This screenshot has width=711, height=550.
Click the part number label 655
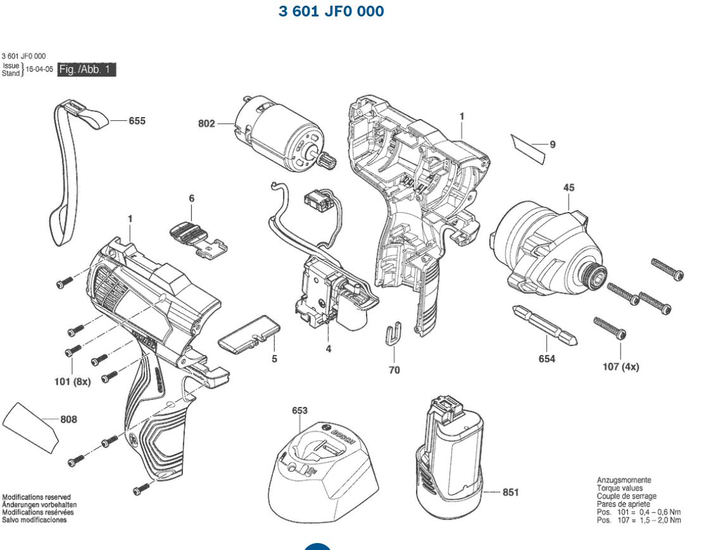coord(137,120)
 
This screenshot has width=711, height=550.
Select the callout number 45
coord(569,187)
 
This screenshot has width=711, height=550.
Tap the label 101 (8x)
coord(72,382)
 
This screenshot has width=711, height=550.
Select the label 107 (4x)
coord(620,367)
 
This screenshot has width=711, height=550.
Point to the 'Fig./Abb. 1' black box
coord(87,70)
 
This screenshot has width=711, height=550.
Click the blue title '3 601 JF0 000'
coord(331,11)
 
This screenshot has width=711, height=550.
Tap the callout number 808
coord(68,419)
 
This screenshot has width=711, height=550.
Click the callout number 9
coord(553,145)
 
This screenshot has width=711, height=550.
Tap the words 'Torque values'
coord(619,488)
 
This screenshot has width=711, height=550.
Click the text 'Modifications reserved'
coord(36,497)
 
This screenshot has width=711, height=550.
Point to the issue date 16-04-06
coord(39,70)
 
